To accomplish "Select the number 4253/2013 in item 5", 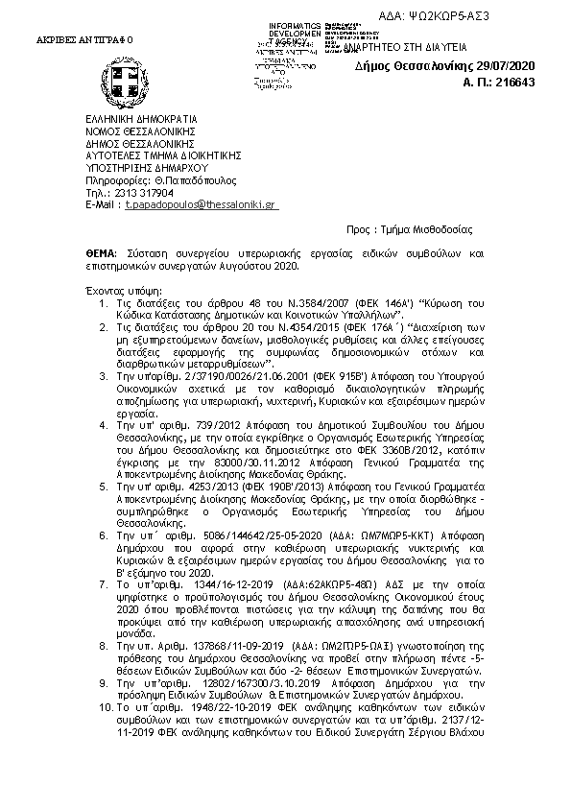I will (x=202, y=487).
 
